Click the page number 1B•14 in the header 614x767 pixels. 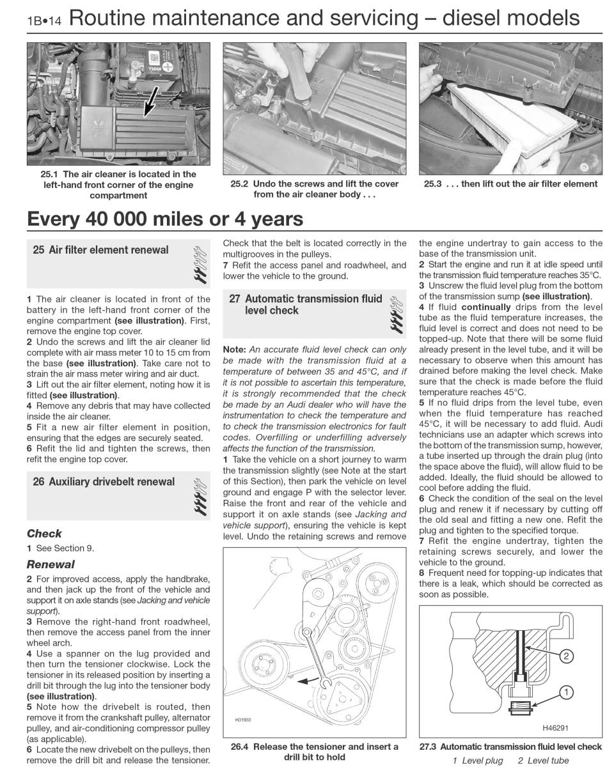pos(43,20)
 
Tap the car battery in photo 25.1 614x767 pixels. pos(162,63)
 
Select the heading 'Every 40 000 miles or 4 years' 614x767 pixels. pos(165,219)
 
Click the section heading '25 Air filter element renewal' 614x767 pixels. pos(101,250)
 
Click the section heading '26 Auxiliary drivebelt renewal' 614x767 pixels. pos(104,481)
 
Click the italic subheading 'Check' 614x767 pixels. pos(44,533)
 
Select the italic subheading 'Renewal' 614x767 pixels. pos(51,564)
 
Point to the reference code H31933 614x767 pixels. pos(242,719)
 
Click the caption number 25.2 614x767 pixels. pos(239,183)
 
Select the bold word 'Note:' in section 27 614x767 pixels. pos(234,349)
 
